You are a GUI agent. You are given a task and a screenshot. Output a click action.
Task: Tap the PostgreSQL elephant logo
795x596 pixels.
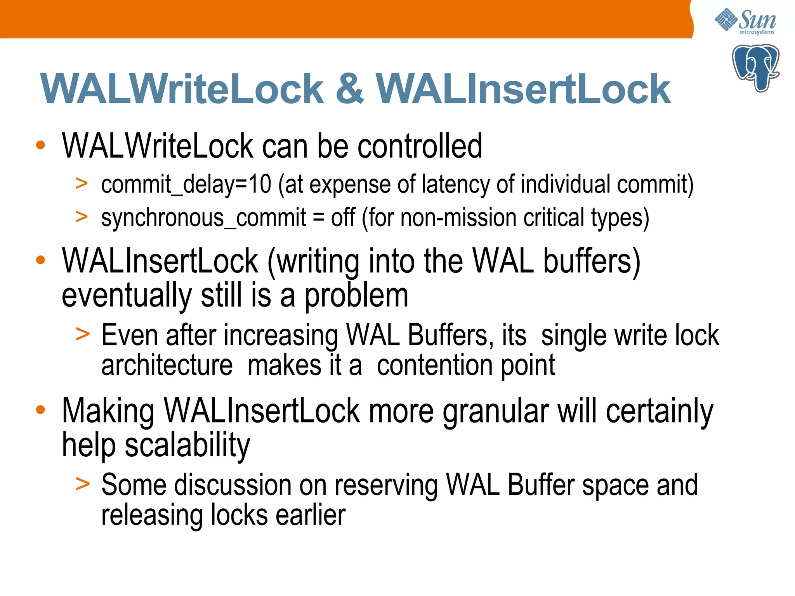pos(755,68)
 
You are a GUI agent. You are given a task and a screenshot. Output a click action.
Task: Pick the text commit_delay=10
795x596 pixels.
pos(186,184)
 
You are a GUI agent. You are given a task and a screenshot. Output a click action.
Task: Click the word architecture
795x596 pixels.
pos(167,366)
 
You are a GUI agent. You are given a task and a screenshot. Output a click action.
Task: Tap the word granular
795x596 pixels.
pos(496,411)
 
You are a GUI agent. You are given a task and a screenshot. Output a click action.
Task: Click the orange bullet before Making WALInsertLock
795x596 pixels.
pos(40,410)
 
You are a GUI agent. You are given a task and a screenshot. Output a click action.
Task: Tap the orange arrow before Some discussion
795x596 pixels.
pos(82,484)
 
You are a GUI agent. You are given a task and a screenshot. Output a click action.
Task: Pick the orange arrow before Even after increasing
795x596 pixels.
pos(82,334)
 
